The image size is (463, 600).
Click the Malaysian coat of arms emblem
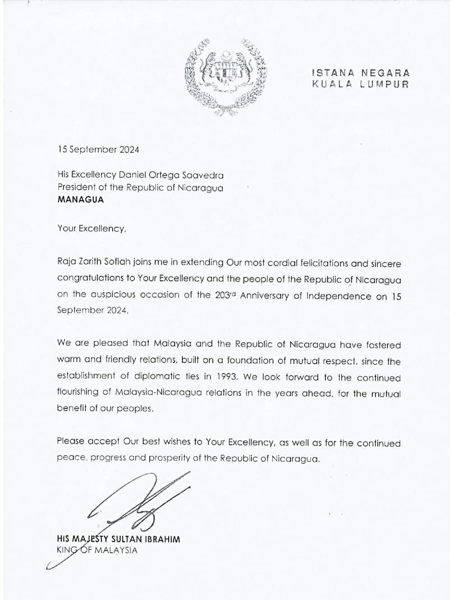click(x=226, y=77)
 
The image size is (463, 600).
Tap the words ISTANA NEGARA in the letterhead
click(x=361, y=73)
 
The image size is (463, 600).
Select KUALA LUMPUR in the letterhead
click(x=361, y=84)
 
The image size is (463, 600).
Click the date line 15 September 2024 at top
click(x=98, y=149)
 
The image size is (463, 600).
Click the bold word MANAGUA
click(x=81, y=199)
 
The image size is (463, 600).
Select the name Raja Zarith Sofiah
click(x=93, y=263)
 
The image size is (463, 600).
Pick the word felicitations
click(x=323, y=263)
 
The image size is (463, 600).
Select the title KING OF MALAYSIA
click(x=97, y=550)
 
